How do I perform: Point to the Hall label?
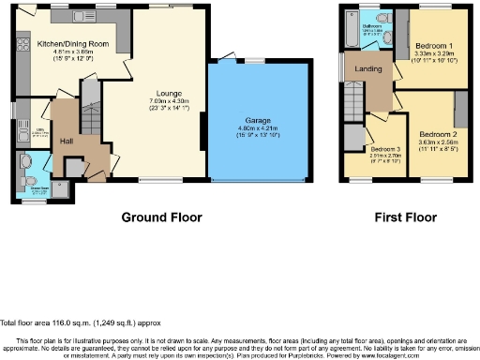click(x=66, y=141)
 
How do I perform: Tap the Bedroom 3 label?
click(x=385, y=149)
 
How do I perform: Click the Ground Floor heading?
click(x=161, y=217)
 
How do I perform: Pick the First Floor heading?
click(x=406, y=217)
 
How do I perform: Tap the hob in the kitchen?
click(x=20, y=44)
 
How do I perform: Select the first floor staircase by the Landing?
click(x=352, y=97)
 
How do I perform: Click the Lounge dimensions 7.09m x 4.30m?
click(x=167, y=101)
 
